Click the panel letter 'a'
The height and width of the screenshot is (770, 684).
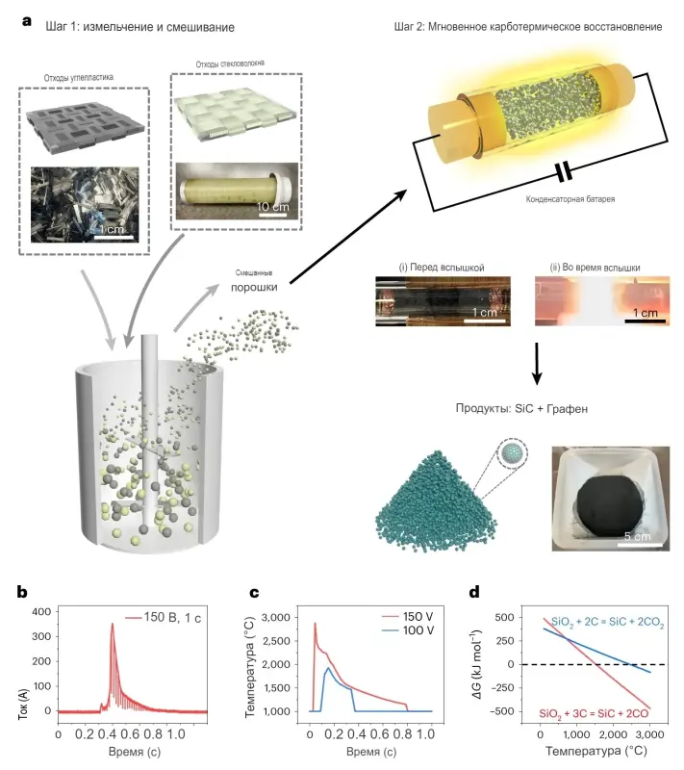click(27, 21)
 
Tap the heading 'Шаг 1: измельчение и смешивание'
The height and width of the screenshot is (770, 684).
click(139, 27)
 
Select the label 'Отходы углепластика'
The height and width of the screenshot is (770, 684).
click(79, 78)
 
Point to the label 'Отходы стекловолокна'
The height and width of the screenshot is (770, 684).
click(230, 64)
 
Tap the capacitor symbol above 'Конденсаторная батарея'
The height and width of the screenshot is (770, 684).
click(564, 172)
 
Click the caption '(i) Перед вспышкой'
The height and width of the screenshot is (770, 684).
click(442, 268)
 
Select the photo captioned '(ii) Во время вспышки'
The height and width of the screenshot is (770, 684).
click(602, 301)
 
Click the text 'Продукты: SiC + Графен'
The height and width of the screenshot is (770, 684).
click(521, 408)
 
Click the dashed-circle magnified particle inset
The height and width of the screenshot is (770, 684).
click(512, 453)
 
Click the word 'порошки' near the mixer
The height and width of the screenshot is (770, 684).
click(254, 287)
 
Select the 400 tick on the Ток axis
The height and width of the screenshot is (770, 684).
click(41, 612)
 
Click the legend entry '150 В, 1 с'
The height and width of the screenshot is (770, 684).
click(164, 618)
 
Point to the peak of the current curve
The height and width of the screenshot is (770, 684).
click(113, 624)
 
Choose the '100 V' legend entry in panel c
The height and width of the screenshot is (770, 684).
click(408, 630)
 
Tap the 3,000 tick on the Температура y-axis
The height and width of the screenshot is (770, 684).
click(276, 617)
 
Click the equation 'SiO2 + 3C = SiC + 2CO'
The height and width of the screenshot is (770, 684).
click(594, 713)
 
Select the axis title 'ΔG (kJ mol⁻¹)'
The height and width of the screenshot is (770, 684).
click(477, 664)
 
